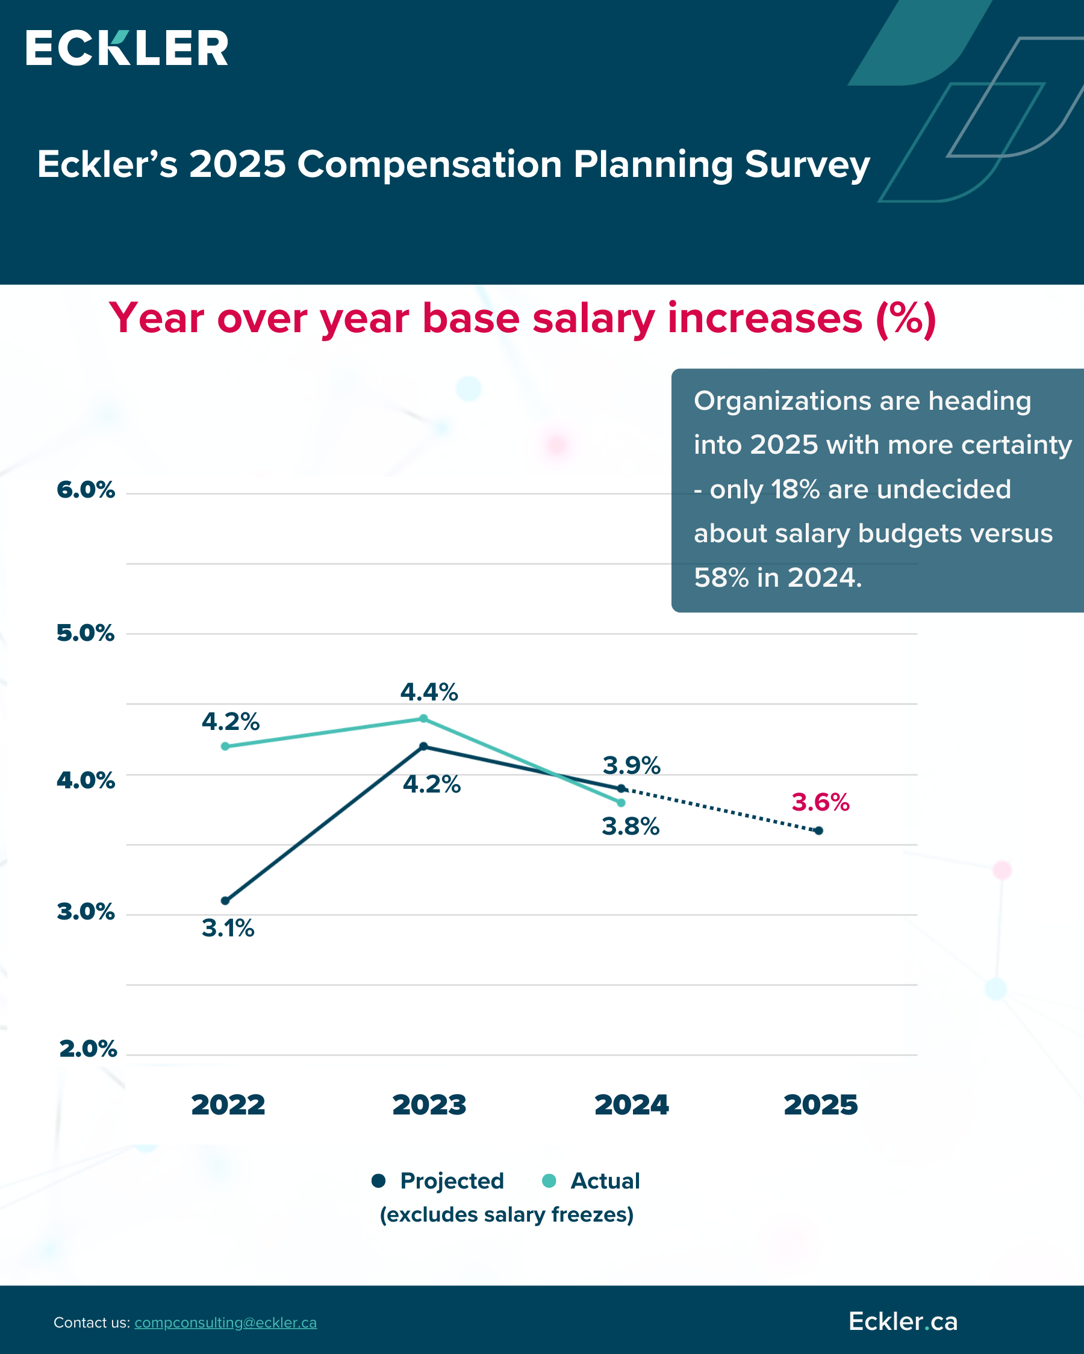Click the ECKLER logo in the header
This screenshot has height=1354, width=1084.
[x=126, y=48]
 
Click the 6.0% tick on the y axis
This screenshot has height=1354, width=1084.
[x=86, y=490]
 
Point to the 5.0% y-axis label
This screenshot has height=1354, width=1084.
[x=86, y=633]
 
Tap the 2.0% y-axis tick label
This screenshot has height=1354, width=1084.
[x=87, y=1049]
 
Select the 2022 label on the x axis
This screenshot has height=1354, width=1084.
[x=228, y=1105]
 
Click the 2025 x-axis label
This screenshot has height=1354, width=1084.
[x=820, y=1105]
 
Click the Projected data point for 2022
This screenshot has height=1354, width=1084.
[x=225, y=901]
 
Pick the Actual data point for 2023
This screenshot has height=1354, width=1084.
[x=423, y=719]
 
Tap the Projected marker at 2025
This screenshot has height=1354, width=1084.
[x=819, y=830]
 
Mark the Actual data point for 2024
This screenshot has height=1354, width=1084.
[x=621, y=803]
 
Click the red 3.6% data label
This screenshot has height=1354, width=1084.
[x=820, y=803]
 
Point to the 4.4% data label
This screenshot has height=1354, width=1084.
[x=429, y=692]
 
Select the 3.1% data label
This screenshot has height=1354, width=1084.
[x=228, y=928]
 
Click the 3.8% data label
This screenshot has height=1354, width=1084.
[x=631, y=827]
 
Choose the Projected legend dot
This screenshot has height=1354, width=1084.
[x=378, y=1181]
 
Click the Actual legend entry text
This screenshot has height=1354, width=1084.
[x=605, y=1181]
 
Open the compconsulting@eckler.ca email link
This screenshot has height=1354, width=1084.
[x=225, y=1323]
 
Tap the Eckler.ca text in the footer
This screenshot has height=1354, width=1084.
[x=902, y=1322]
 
